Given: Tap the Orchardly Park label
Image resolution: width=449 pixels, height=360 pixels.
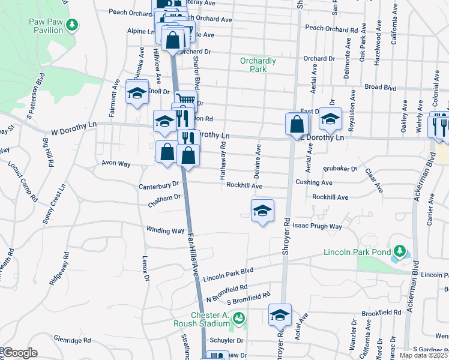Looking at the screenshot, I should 258,65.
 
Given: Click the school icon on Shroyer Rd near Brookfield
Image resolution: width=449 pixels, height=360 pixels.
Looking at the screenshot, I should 280,315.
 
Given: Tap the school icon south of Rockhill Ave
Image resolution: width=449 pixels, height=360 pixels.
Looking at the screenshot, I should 262,211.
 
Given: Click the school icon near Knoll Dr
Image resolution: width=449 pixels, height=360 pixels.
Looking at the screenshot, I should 137,93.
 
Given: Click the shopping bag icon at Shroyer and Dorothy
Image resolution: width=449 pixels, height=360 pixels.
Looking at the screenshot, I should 297,124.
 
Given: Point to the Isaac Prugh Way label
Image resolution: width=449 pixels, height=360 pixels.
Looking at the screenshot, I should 317,226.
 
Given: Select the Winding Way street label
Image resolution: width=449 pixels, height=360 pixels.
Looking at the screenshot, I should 166,230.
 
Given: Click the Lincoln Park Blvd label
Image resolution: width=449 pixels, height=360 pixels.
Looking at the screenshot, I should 228,275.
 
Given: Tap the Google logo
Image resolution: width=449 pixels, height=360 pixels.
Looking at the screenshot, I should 20,353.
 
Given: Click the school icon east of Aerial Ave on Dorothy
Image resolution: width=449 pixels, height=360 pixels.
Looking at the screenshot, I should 330,119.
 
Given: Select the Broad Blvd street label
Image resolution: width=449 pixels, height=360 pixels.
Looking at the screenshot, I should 381,87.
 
